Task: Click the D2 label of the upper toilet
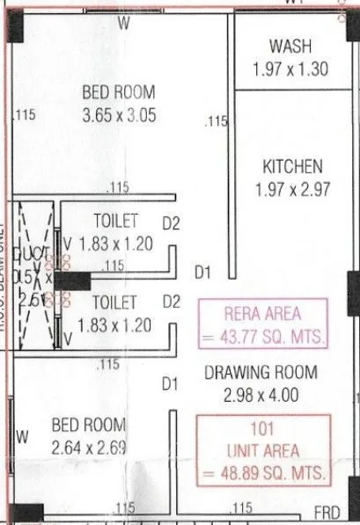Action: click(172, 224)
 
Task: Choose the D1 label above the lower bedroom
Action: click(170, 383)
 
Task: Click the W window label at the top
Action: click(124, 24)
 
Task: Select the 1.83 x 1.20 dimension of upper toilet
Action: click(115, 244)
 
